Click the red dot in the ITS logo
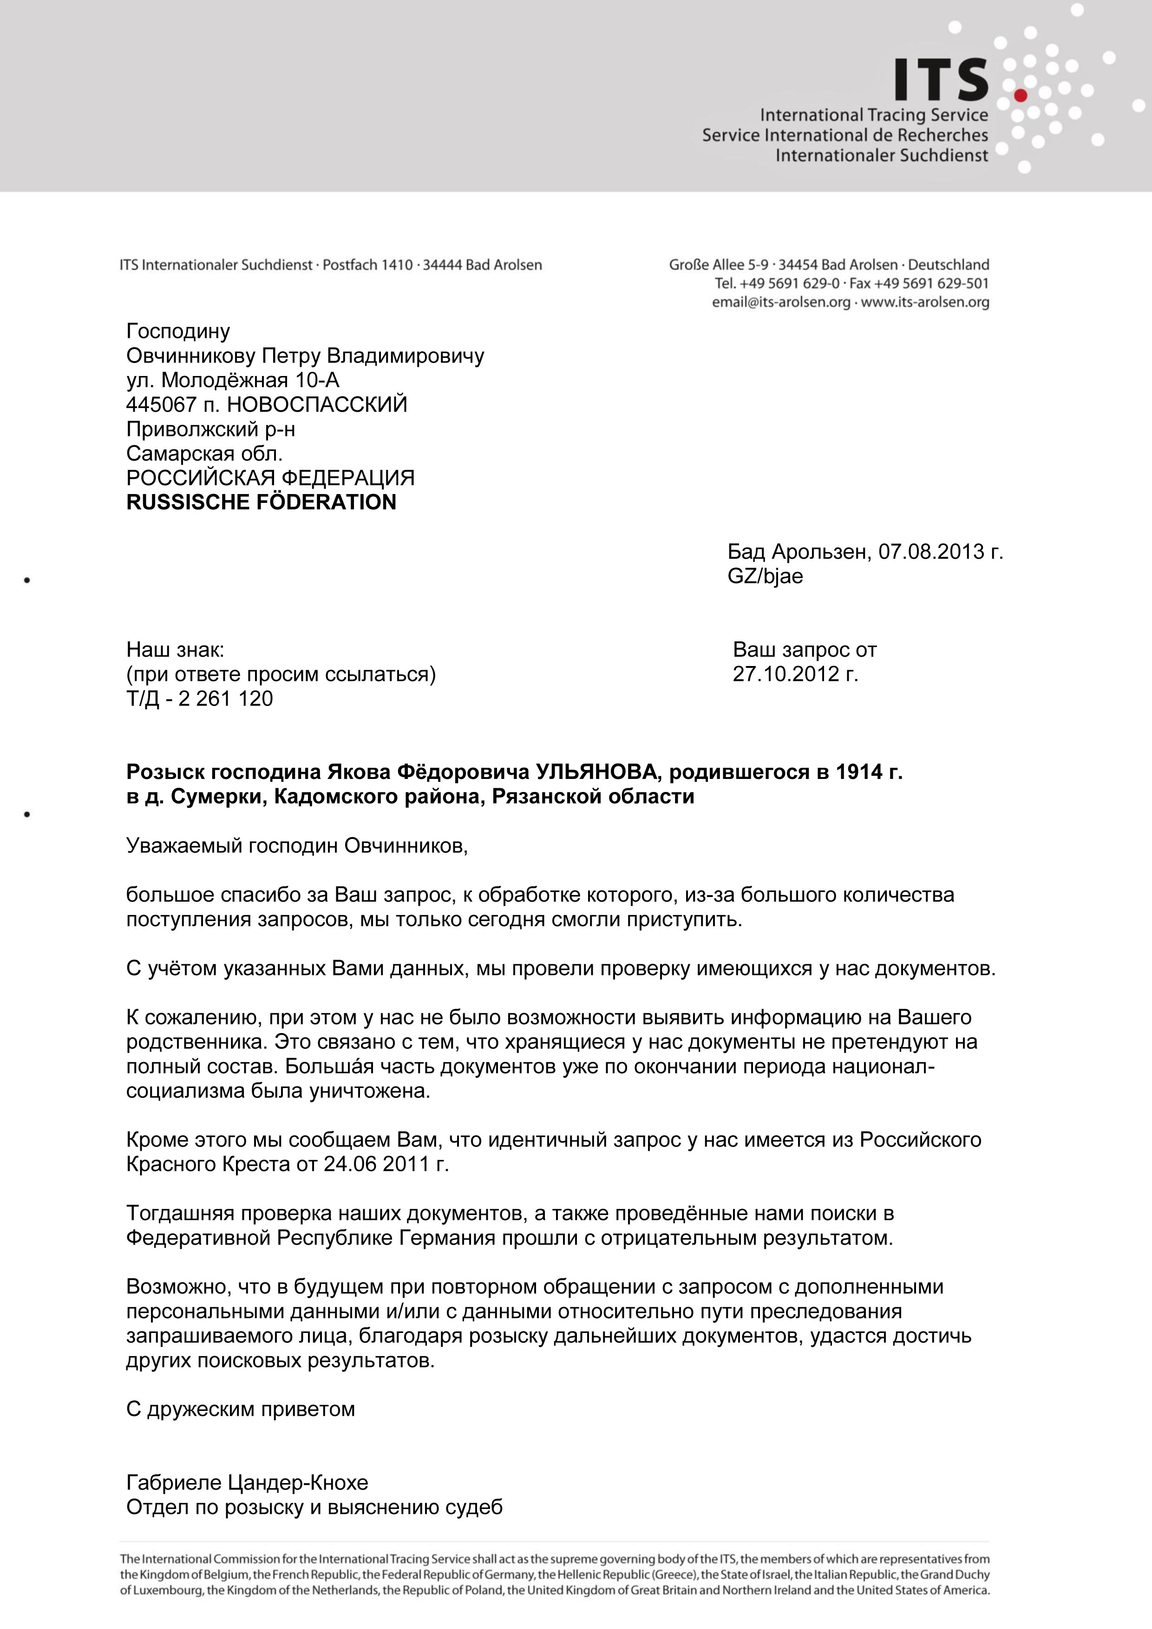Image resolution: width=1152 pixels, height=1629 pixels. (1021, 95)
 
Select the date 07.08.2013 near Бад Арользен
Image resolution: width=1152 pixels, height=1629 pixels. (931, 552)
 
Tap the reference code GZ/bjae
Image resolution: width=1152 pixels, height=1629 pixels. (765, 576)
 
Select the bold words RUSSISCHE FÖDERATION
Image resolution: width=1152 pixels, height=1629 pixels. (261, 502)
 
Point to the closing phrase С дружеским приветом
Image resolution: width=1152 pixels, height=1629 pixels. (241, 1409)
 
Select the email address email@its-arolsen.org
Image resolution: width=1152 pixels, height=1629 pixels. (781, 303)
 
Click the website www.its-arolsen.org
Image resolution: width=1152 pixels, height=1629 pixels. (925, 303)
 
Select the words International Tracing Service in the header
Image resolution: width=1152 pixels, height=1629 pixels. (874, 115)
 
